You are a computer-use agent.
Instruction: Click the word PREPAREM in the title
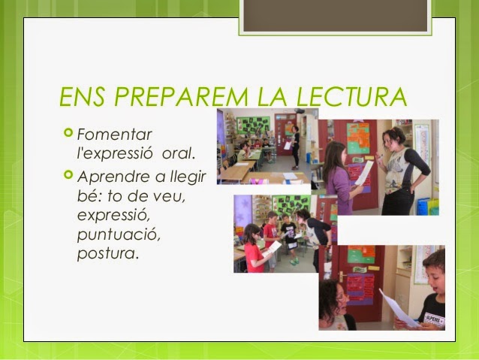click(x=181, y=97)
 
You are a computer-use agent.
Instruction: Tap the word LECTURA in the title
click(x=351, y=97)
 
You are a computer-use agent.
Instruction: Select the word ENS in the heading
click(x=82, y=97)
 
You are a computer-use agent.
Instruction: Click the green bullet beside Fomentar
click(x=68, y=132)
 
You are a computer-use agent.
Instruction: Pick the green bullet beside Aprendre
click(x=68, y=174)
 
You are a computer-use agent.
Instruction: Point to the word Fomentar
click(x=115, y=135)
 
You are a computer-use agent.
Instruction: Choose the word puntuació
click(x=119, y=235)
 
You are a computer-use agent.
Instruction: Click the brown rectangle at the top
click(x=335, y=16)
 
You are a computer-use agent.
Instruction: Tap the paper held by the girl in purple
click(x=364, y=173)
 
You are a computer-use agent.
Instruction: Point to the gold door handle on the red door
click(x=342, y=276)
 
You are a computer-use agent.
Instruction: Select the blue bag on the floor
click(x=423, y=207)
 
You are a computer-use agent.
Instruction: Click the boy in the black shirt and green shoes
click(x=289, y=239)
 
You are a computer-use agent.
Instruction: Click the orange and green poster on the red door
click(x=358, y=138)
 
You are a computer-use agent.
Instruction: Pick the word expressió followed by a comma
click(x=113, y=216)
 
